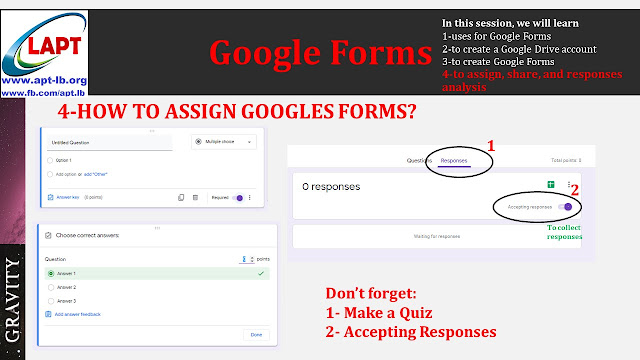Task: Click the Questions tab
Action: pyautogui.click(x=418, y=160)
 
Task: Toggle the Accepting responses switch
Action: pyautogui.click(x=568, y=206)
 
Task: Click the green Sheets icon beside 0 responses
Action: pyautogui.click(x=550, y=185)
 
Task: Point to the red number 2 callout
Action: pyautogui.click(x=576, y=187)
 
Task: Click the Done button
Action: pyautogui.click(x=256, y=334)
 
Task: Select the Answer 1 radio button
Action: pyautogui.click(x=50, y=273)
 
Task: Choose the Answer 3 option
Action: pyautogui.click(x=50, y=300)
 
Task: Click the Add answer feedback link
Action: pyautogui.click(x=76, y=314)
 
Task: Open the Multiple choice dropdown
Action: pyautogui.click(x=222, y=143)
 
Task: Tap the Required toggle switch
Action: pyautogui.click(x=238, y=198)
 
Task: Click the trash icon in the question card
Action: pyautogui.click(x=197, y=198)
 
